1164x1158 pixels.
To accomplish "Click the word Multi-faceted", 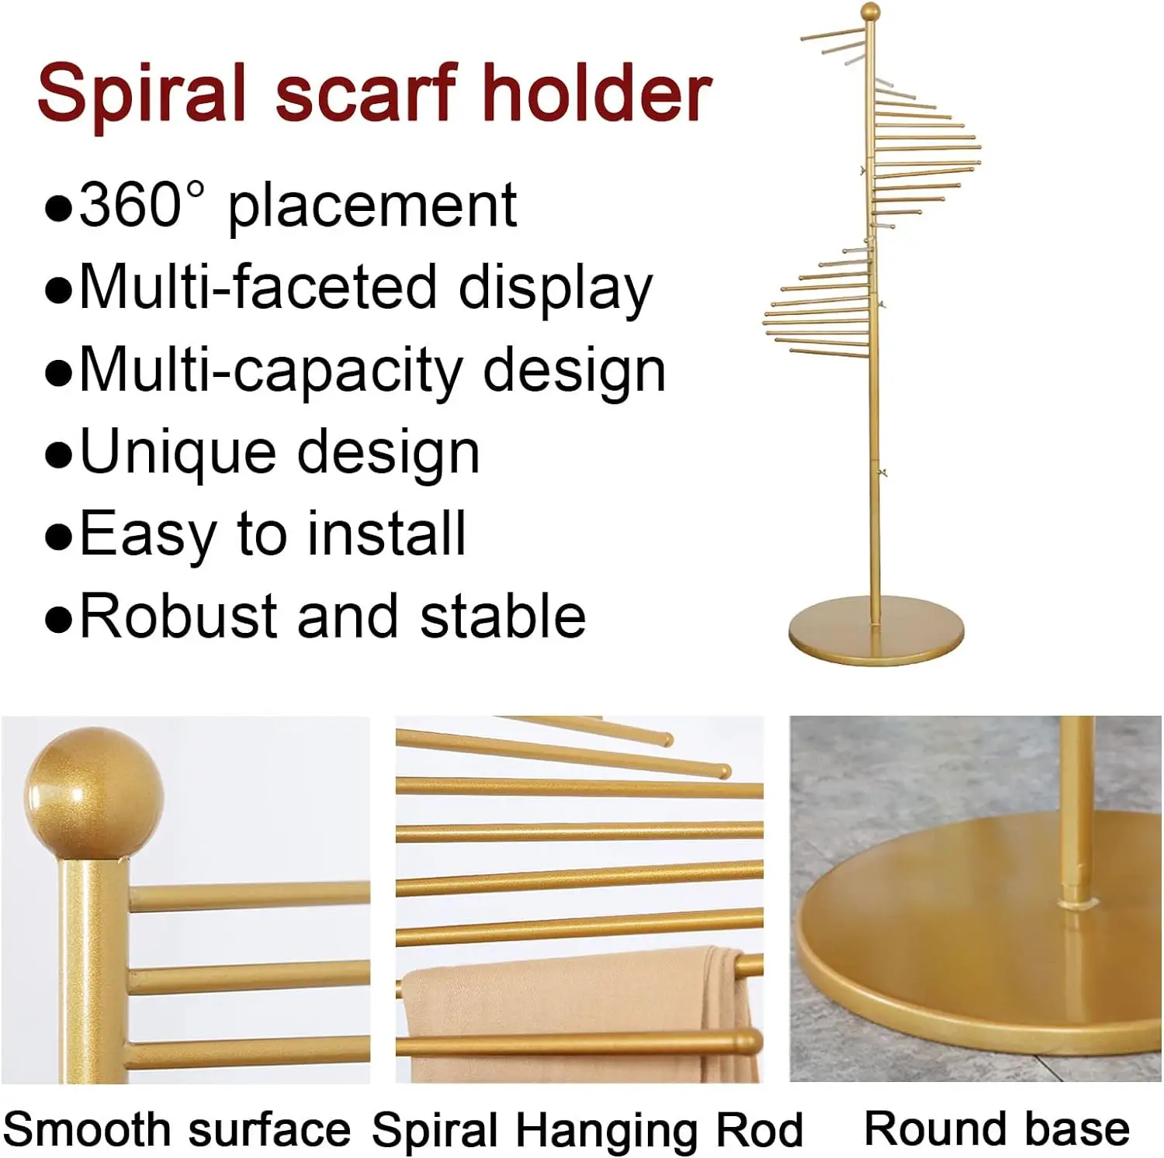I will (257, 287).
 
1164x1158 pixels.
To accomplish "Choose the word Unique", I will (177, 452).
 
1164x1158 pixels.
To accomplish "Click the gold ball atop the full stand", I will (871, 13).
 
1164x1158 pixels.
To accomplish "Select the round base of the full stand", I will (876, 634).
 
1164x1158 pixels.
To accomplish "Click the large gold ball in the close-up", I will (94, 793).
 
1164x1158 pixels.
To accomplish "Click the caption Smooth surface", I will (177, 1129).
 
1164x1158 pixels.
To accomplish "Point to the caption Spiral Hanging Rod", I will (587, 1129).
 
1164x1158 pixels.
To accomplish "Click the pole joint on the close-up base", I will (1075, 902).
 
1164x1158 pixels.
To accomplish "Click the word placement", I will (372, 205).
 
